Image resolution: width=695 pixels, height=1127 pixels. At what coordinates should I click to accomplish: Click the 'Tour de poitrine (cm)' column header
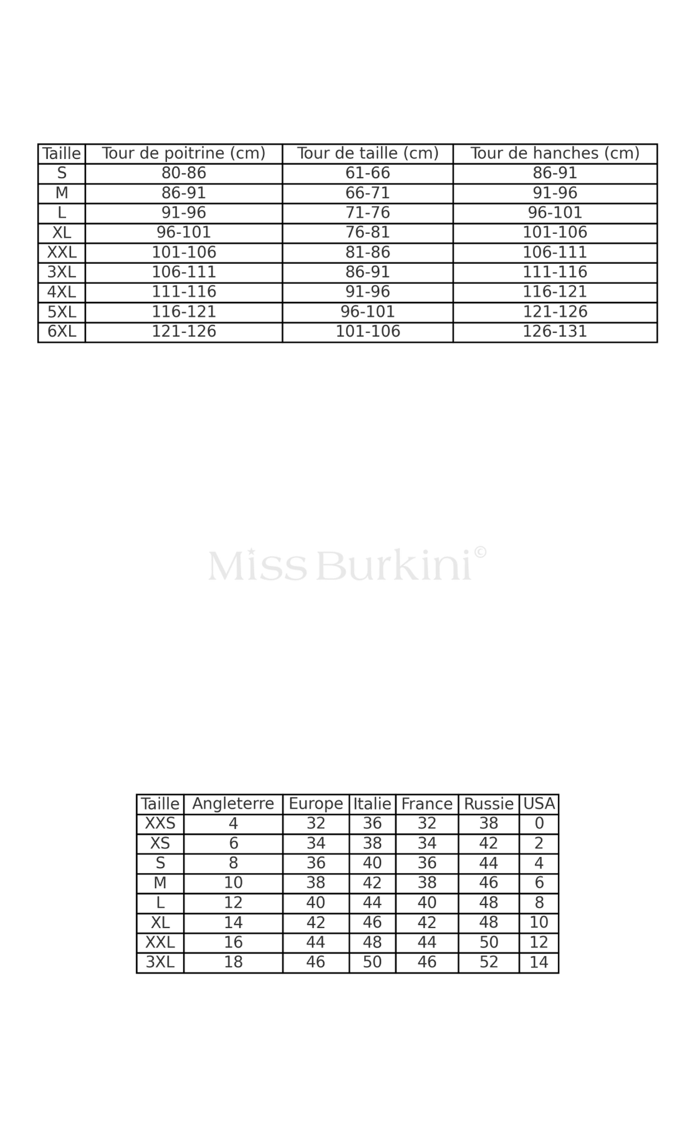tap(183, 153)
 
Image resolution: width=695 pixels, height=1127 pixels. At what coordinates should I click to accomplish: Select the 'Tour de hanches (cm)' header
tap(555, 153)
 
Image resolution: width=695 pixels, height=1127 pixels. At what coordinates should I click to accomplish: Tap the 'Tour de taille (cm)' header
tap(368, 153)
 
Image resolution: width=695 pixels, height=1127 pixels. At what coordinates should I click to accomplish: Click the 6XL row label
tap(62, 331)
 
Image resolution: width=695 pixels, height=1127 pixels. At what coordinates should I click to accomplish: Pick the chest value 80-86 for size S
tap(183, 173)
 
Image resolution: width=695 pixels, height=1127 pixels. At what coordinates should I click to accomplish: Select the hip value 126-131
tap(555, 331)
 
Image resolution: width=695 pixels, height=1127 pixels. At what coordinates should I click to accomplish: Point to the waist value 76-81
tap(368, 232)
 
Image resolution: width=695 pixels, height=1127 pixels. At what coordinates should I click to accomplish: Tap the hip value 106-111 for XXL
tap(555, 252)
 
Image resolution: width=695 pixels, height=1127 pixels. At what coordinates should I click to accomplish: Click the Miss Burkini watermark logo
tap(347, 564)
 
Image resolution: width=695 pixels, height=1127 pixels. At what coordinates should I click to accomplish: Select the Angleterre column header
tap(233, 804)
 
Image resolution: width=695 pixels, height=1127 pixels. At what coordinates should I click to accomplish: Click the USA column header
tap(539, 804)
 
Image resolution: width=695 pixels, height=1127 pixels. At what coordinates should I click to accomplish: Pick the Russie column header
tap(489, 804)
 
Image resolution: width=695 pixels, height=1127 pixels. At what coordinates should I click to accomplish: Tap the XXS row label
tap(160, 823)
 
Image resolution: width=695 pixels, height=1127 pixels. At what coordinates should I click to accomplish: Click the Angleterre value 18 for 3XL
tap(233, 962)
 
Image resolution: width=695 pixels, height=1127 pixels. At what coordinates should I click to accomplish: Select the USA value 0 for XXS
tap(539, 823)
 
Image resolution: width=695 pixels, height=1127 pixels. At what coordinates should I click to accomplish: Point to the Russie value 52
tap(489, 962)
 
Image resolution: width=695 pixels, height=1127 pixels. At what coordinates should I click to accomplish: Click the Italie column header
tap(372, 804)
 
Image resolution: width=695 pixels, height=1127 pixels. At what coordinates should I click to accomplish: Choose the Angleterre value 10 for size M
tap(233, 883)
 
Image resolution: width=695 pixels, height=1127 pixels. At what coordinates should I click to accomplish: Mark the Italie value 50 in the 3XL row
tap(372, 962)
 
